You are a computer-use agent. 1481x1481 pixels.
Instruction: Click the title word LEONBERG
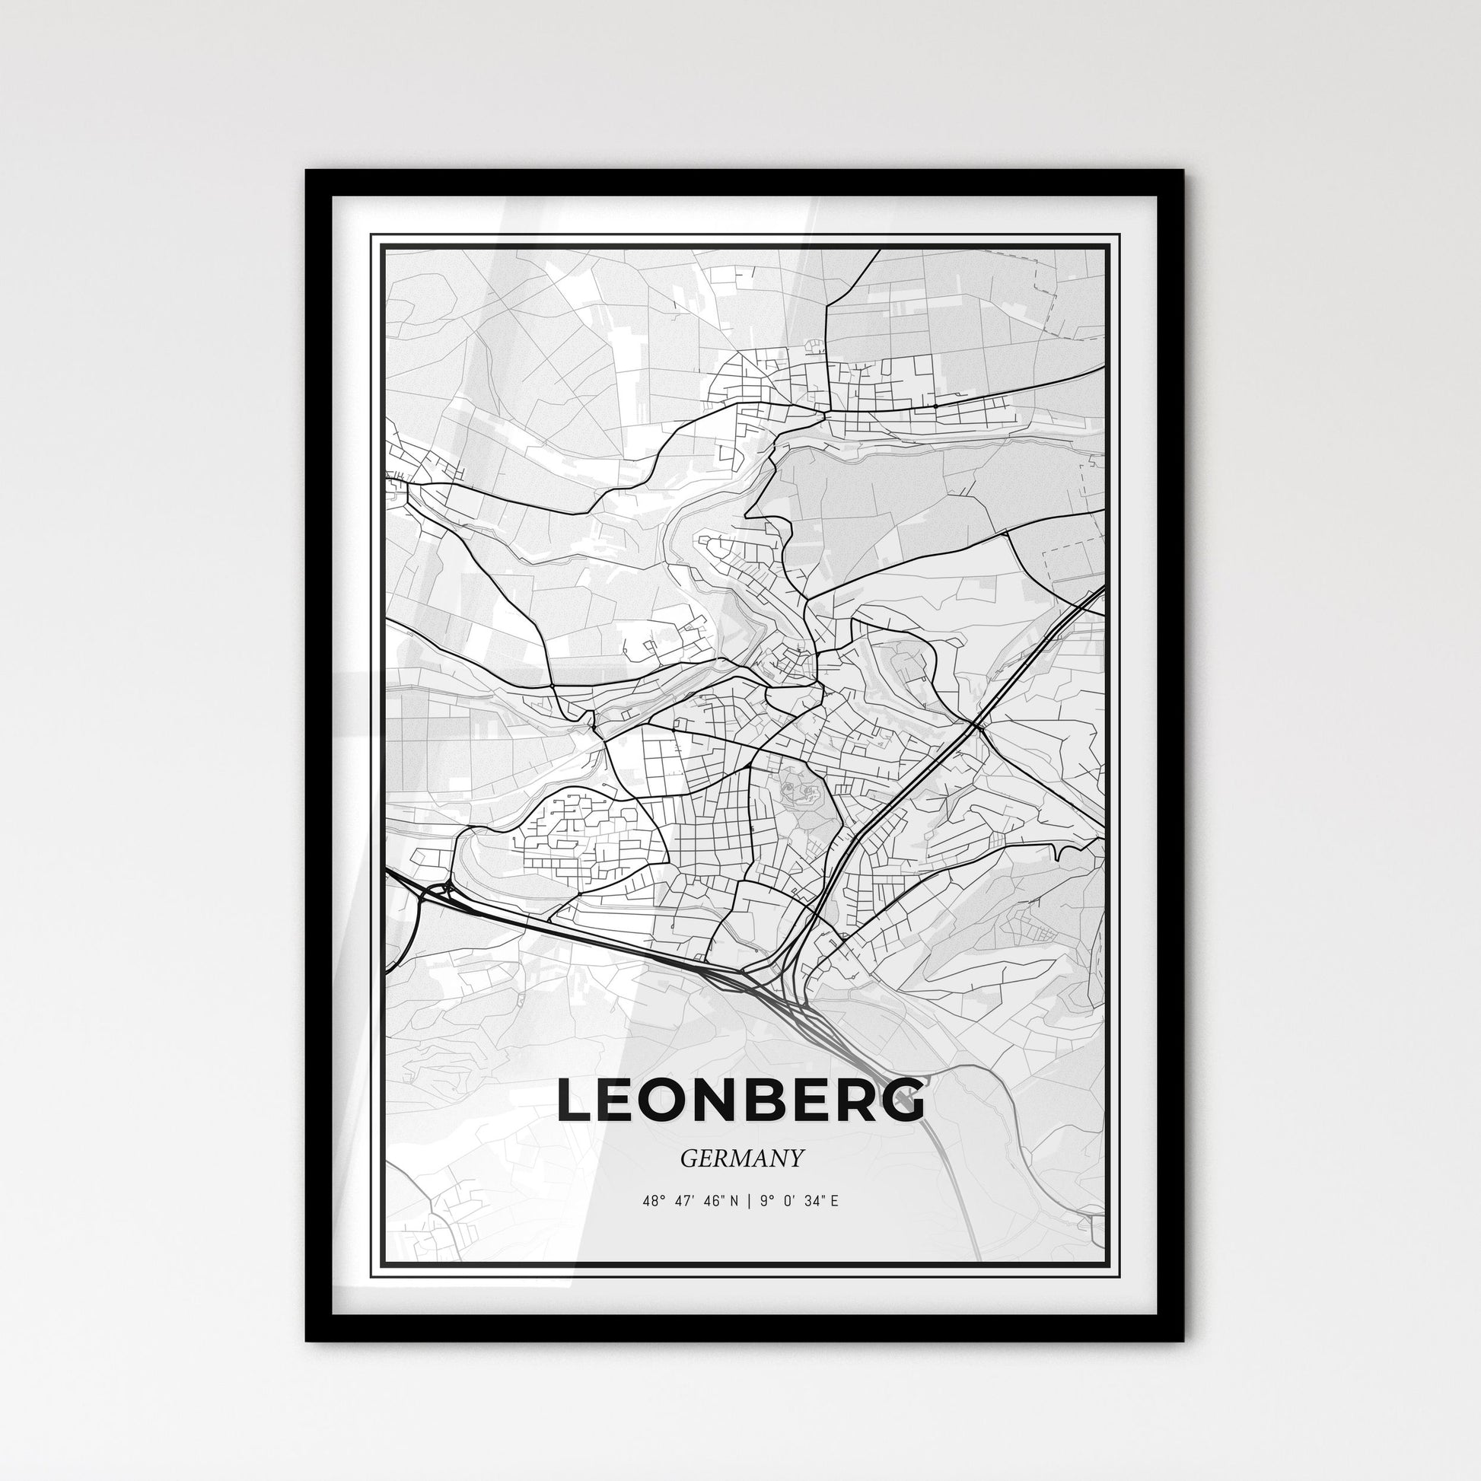pos(740,1100)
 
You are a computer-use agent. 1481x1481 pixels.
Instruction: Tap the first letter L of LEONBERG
pos(574,1100)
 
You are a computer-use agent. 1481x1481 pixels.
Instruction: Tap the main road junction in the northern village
pos(825,415)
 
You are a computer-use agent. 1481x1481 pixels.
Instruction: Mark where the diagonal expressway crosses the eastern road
pos(976,725)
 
